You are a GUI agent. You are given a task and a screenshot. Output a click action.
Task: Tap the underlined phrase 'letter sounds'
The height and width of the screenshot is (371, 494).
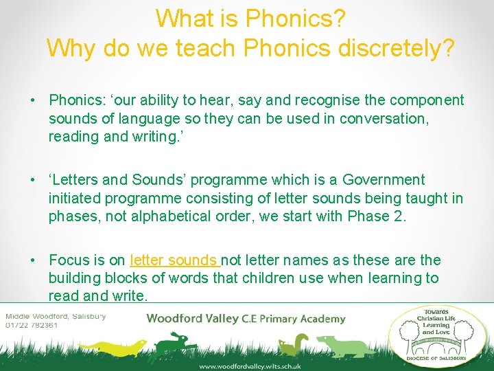(174, 260)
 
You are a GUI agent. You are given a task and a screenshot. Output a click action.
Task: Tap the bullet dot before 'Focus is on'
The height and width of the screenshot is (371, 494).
(32, 260)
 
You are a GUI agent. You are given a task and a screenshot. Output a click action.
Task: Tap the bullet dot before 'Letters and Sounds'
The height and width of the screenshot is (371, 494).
(32, 180)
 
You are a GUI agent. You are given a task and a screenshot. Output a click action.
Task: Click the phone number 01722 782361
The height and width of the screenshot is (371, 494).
(31, 325)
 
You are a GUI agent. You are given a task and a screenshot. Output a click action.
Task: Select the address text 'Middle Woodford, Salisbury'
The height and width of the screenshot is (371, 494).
(56, 316)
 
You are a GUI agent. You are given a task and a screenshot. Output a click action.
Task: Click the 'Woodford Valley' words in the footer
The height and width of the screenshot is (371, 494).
(193, 318)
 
